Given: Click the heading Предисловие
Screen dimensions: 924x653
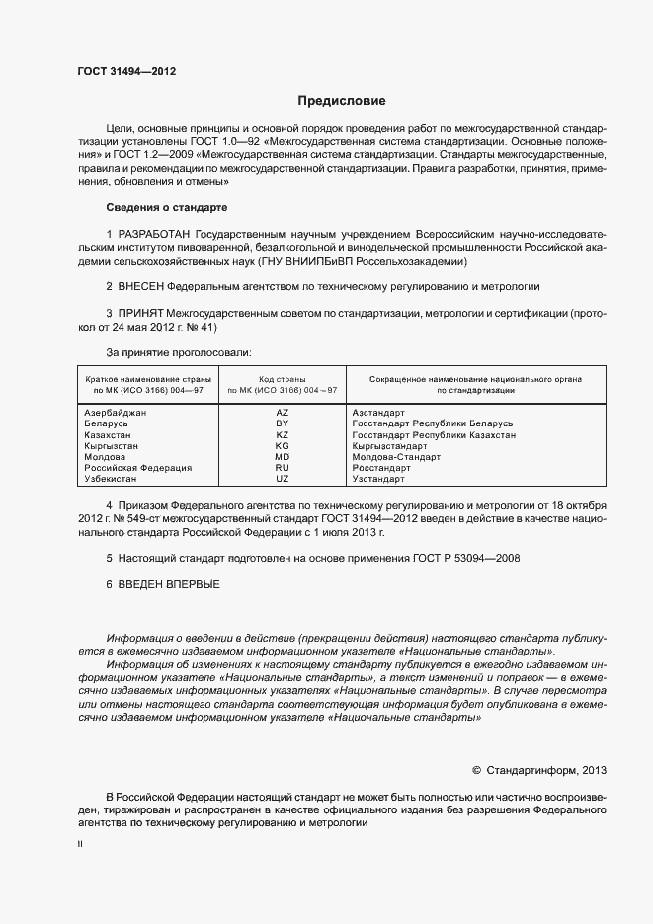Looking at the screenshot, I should point(342,101).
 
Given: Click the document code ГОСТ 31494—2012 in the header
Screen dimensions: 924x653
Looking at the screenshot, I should point(126,71).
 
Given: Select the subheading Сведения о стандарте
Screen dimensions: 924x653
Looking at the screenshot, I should point(166,208).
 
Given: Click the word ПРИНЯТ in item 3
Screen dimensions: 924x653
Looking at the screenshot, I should point(141,313).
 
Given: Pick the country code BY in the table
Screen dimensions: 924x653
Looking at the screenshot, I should point(282,423).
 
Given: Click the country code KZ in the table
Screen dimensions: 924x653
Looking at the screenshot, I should point(282,434).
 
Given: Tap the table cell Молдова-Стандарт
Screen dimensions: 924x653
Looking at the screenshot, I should point(396,457).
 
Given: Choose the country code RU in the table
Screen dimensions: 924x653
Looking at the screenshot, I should point(282,468).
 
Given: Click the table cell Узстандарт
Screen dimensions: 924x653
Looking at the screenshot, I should point(378,479).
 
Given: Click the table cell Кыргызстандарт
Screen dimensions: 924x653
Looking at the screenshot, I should point(388,445).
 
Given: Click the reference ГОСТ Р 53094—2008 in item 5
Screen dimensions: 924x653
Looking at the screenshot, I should point(464,559).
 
